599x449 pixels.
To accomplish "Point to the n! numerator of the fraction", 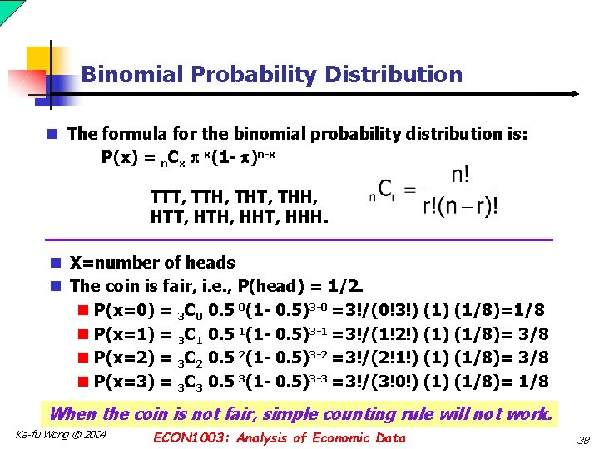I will click(x=460, y=177).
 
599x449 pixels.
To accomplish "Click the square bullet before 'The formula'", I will click(x=52, y=134).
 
